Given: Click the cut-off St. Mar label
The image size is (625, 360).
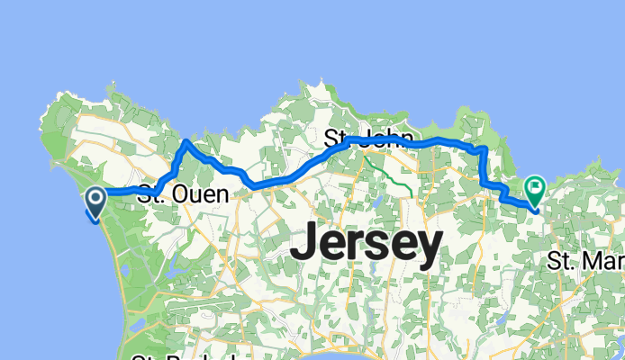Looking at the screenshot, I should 586,262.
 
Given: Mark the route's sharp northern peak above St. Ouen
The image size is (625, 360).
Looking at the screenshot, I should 186,141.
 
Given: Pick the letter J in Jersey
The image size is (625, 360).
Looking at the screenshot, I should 307,243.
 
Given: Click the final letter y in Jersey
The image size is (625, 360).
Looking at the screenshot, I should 429,248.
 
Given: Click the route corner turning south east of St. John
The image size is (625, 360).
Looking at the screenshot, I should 485,148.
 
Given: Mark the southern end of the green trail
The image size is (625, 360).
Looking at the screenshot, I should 412,193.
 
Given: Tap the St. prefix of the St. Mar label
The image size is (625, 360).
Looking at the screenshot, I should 559,262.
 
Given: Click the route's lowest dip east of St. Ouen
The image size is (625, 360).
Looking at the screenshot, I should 255,186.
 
